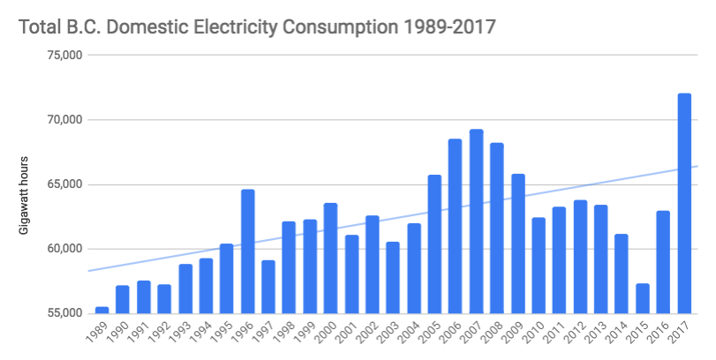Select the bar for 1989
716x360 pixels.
pos(102,310)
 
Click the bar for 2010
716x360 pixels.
pos(539,265)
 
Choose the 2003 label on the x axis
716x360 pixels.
pos(390,334)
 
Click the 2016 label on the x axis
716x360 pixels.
pos(661,334)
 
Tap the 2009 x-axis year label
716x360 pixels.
pos(516,334)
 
